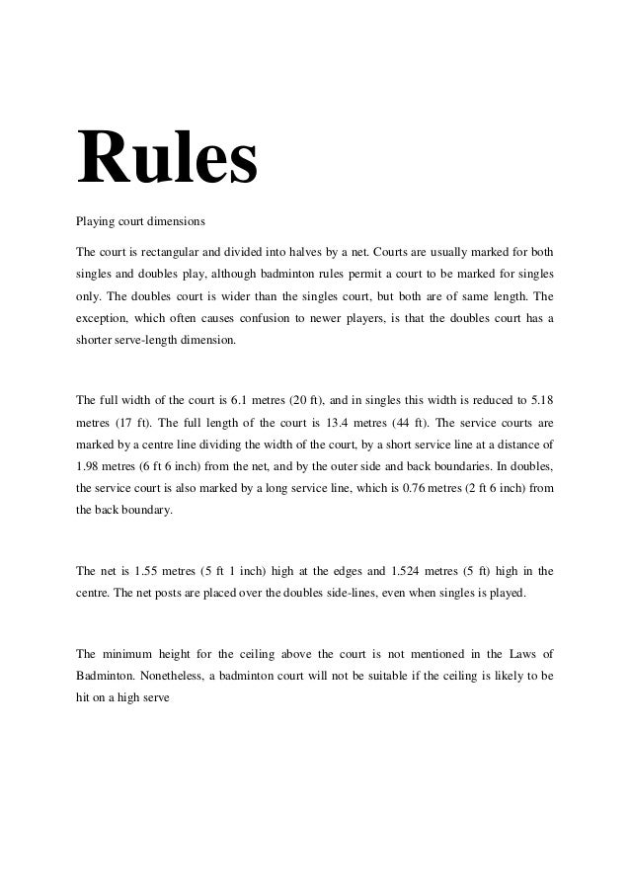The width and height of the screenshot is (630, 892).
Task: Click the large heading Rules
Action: pyautogui.click(x=166, y=155)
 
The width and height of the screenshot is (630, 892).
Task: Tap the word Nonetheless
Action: pyautogui.click(x=178, y=676)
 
